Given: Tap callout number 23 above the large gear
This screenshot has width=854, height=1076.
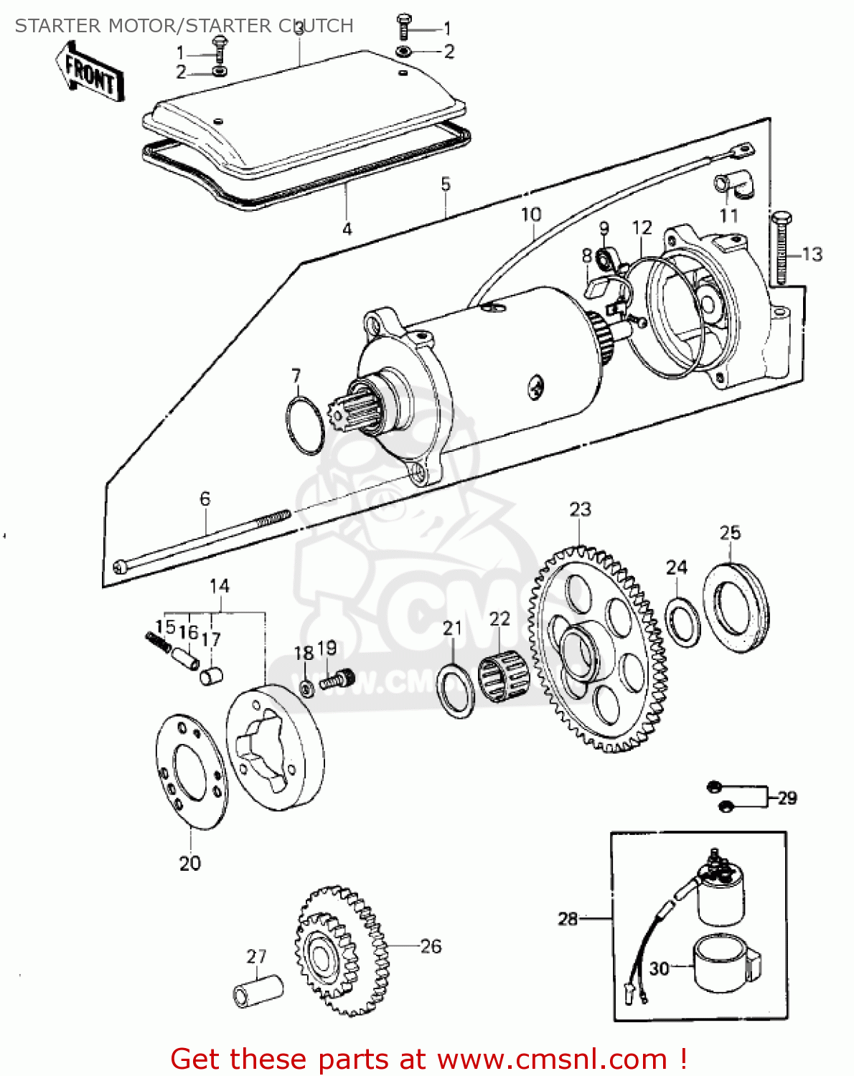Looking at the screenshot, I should [580, 510].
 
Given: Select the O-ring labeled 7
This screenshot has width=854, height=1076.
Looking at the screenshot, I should [304, 425].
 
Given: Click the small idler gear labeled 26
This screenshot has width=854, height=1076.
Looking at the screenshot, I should [340, 951].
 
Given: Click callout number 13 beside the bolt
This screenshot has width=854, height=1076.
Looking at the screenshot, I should [812, 255].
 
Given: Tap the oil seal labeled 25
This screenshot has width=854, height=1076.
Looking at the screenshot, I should [736, 609].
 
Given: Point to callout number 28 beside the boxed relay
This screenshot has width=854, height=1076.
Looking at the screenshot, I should [568, 918].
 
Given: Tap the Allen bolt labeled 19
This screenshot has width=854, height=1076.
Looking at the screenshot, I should [337, 679].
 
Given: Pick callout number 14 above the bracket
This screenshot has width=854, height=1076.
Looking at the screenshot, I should [219, 586].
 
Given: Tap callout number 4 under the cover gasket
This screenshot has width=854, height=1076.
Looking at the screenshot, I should [347, 230].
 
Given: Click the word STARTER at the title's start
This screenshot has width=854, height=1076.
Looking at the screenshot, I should [57, 26].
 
